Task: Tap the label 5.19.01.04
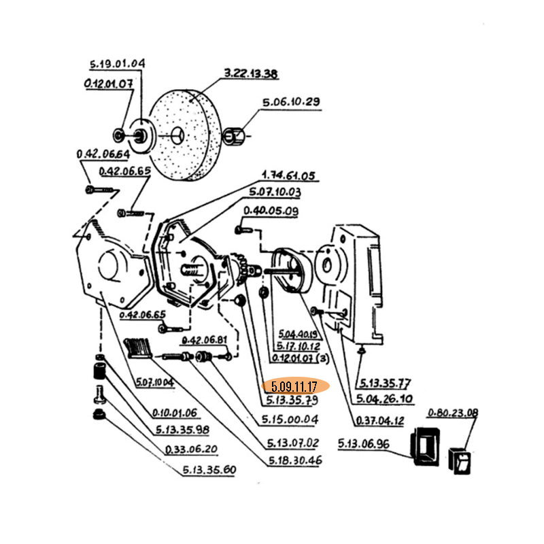coord(117,65)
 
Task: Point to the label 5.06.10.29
coord(291,103)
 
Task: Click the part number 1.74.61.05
coord(288,176)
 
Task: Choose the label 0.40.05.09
coord(271,211)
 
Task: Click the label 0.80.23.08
coord(453,412)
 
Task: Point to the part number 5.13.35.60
coord(209,469)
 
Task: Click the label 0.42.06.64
coord(103,155)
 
